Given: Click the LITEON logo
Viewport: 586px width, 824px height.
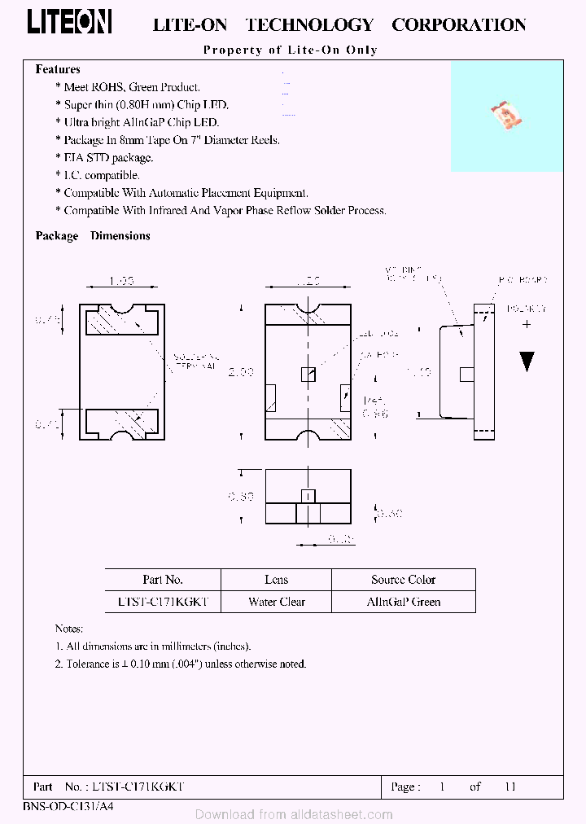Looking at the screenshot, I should pyautogui.click(x=69, y=22).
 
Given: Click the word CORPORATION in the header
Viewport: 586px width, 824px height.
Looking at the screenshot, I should pyautogui.click(x=458, y=25).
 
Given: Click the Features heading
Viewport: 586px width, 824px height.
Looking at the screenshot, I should pyautogui.click(x=58, y=70).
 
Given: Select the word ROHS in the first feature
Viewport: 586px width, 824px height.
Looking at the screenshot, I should pyautogui.click(x=107, y=87).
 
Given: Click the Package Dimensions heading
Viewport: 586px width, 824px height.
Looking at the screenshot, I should pyautogui.click(x=93, y=236).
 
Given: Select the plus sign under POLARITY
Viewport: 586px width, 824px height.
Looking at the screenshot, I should pyautogui.click(x=527, y=324).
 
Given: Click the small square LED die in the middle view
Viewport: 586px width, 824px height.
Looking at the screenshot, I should pyautogui.click(x=308, y=374).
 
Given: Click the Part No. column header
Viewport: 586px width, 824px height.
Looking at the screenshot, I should pyautogui.click(x=163, y=580).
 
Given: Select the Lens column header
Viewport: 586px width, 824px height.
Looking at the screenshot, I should pyautogui.click(x=276, y=580).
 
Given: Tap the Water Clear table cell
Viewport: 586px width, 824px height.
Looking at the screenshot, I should pyautogui.click(x=276, y=603).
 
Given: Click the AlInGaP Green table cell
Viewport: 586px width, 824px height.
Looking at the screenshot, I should pyautogui.click(x=403, y=603).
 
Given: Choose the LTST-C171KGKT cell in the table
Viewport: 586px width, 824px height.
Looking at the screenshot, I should pyautogui.click(x=163, y=603).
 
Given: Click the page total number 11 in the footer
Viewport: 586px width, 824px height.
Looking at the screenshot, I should pyautogui.click(x=510, y=787).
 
